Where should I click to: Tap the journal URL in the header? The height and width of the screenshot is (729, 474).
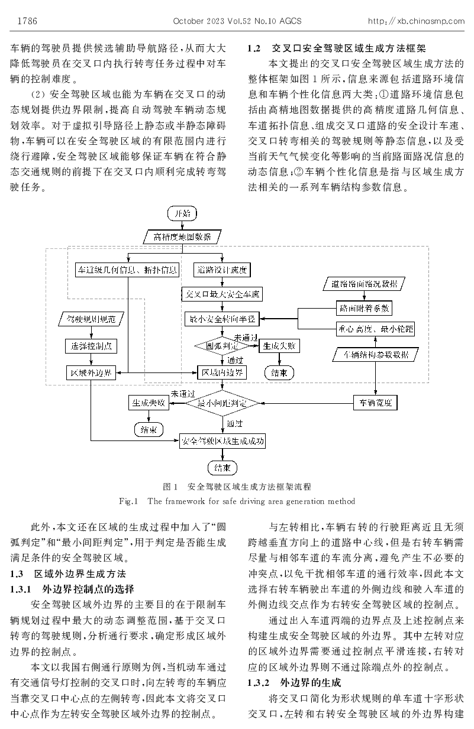(x=416, y=21)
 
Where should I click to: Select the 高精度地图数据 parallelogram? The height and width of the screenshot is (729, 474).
(x=182, y=237)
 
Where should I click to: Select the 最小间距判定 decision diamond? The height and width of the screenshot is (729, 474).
(x=223, y=403)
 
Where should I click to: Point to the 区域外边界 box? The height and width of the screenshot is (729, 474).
(x=91, y=372)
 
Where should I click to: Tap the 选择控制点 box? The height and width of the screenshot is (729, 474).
(x=91, y=346)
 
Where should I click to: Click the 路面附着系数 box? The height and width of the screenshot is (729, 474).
(x=364, y=307)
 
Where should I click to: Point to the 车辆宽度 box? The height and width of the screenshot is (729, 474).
(x=375, y=403)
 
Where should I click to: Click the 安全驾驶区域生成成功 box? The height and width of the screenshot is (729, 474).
(x=223, y=441)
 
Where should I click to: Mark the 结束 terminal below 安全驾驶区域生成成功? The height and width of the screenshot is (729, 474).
(x=223, y=468)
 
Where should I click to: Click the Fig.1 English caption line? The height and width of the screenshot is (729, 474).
(x=237, y=501)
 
